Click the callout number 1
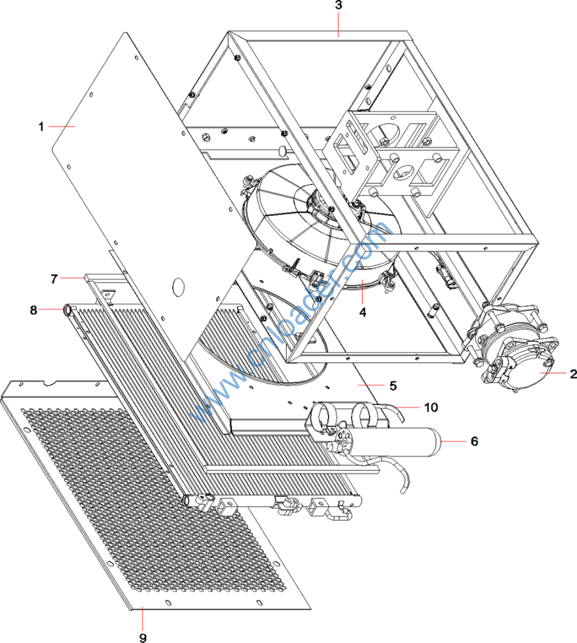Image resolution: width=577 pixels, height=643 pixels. (41, 126)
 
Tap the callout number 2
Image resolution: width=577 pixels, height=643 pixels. (573, 374)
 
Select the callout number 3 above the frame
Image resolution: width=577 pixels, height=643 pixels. (339, 6)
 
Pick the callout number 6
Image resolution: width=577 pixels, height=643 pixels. (474, 441)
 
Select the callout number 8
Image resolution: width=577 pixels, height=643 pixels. (34, 309)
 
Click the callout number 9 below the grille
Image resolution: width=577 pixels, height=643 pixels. (143, 637)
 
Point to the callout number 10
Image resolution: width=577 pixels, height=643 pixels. (430, 407)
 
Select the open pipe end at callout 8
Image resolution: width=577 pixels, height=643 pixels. (66, 309)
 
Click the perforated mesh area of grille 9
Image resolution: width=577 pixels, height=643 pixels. (138, 502)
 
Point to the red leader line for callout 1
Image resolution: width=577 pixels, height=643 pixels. (61, 126)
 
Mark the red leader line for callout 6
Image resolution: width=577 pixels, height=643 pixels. (454, 441)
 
